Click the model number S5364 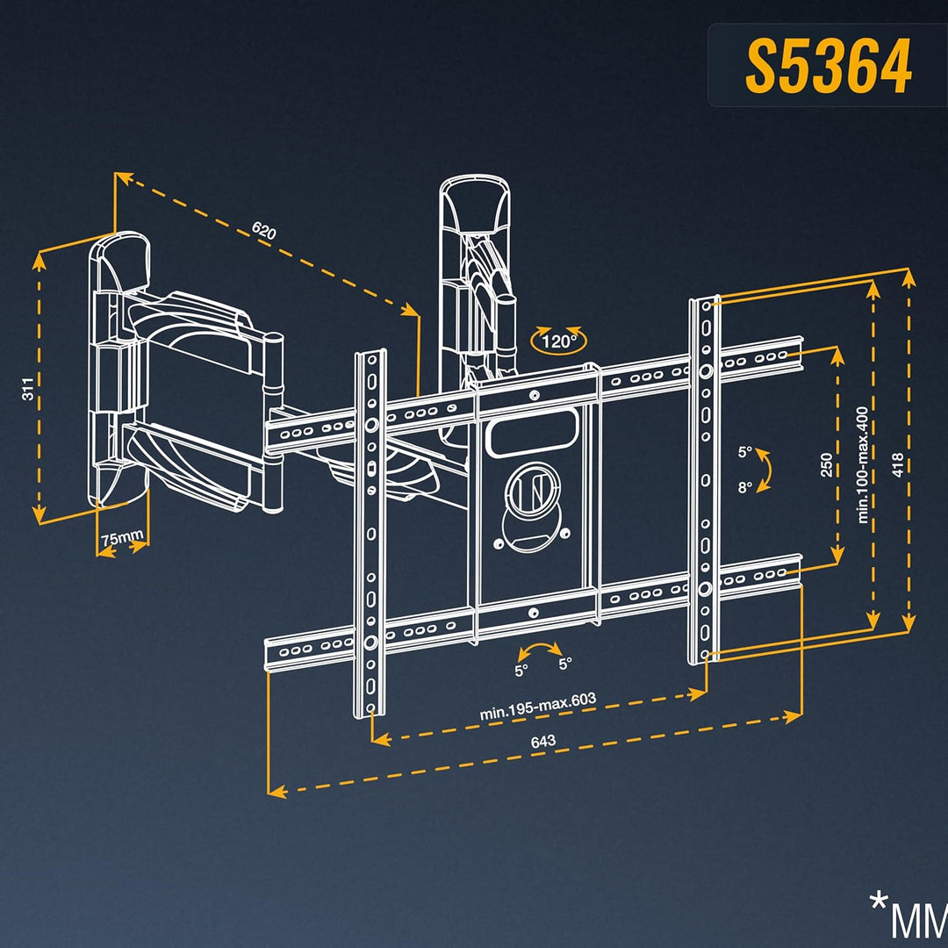(x=828, y=65)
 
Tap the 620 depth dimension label (x=264, y=230)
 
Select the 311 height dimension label (x=27, y=389)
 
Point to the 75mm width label (x=122, y=537)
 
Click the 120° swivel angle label (x=558, y=341)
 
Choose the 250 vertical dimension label (x=827, y=464)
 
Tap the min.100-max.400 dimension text (x=863, y=464)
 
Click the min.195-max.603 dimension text (x=537, y=706)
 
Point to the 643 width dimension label (x=543, y=741)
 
